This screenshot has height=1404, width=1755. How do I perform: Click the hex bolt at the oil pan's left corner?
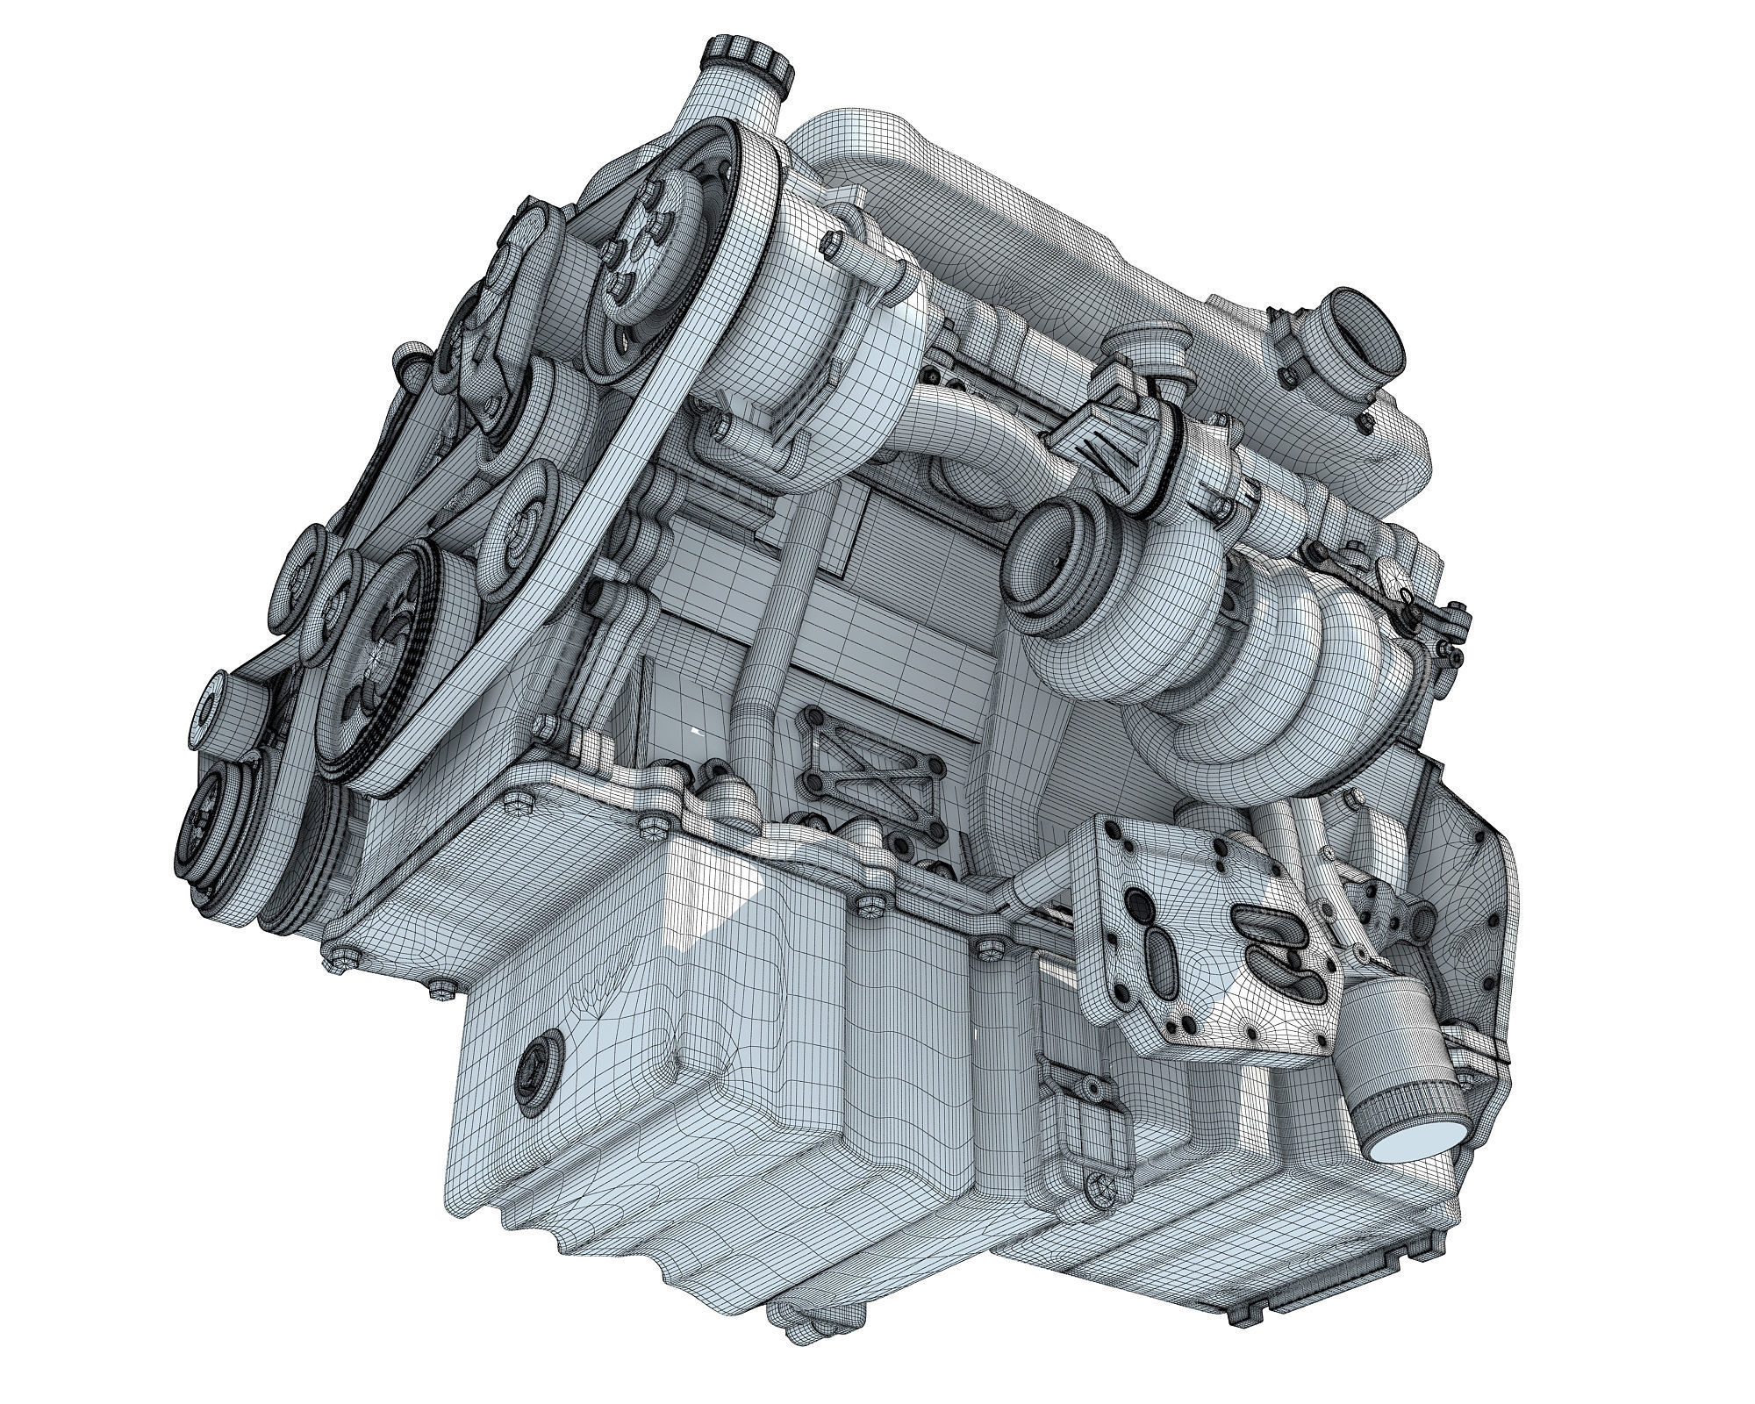340,953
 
